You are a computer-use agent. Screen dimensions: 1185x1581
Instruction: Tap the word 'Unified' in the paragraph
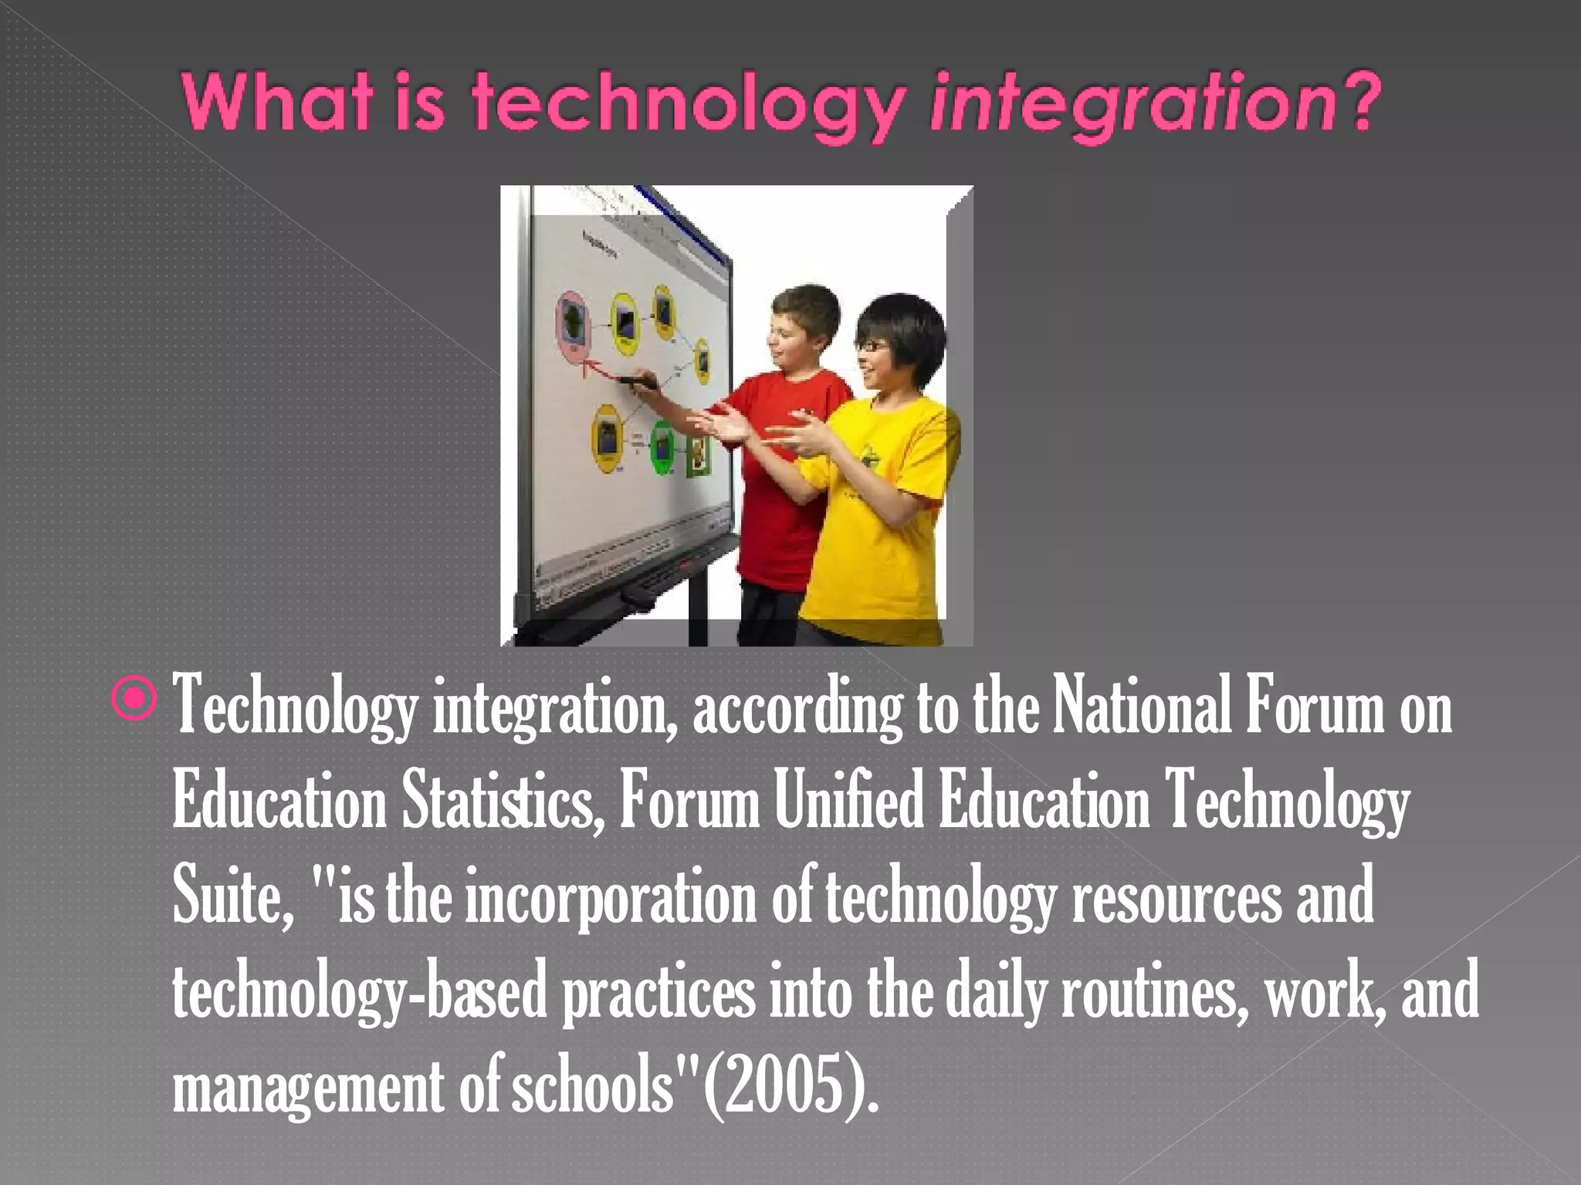coord(848,803)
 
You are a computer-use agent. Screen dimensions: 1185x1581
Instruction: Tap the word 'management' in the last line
coord(308,1088)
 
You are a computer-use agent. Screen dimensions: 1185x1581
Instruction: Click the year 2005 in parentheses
coord(787,1088)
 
